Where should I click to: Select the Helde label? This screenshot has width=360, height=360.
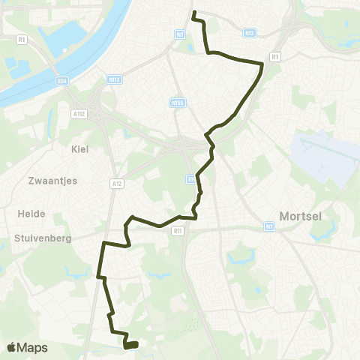(31, 213)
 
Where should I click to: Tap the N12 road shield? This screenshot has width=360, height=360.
(250, 33)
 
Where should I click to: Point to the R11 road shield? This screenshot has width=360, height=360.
(178, 232)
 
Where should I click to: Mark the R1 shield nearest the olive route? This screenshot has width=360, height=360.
(275, 56)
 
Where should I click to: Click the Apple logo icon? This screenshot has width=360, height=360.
(13, 347)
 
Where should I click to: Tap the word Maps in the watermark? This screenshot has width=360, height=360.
(33, 347)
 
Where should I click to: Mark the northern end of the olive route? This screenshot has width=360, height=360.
(193, 13)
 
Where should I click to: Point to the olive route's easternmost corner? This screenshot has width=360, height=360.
(263, 64)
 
